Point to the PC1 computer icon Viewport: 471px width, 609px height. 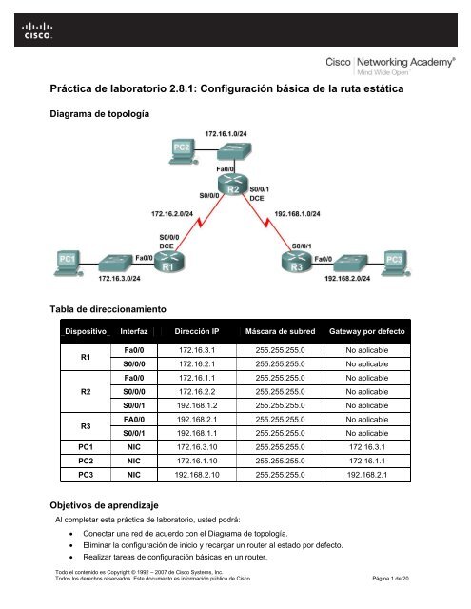click(x=67, y=258)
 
